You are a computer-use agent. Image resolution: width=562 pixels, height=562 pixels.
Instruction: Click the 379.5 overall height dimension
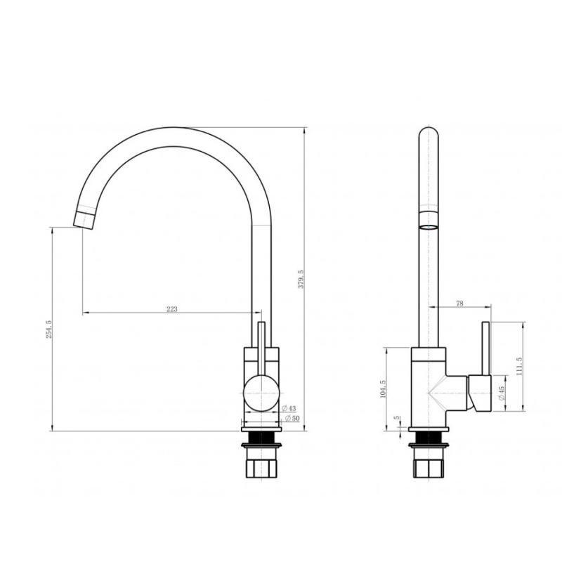click(x=301, y=280)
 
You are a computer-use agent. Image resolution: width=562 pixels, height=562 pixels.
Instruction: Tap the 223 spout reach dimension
click(x=171, y=309)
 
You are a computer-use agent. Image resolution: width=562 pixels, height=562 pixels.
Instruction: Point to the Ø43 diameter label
click(x=288, y=408)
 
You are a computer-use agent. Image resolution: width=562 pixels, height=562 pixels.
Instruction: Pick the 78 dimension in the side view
click(x=460, y=303)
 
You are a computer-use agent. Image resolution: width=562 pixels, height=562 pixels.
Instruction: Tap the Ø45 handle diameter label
click(x=501, y=393)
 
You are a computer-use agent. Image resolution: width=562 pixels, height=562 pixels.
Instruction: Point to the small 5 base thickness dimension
click(x=398, y=419)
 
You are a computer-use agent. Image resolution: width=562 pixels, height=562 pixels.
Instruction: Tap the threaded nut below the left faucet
click(x=261, y=466)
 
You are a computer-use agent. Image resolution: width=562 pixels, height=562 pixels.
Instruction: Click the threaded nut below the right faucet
click(x=428, y=466)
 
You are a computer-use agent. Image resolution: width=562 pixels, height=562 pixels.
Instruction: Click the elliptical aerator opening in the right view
click(x=428, y=226)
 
